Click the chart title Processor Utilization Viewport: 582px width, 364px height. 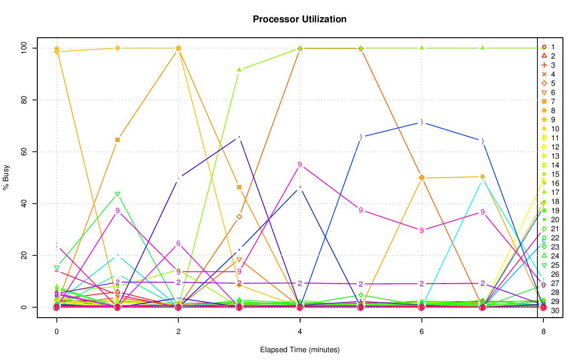click(300, 19)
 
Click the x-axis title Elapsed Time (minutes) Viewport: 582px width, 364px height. click(300, 350)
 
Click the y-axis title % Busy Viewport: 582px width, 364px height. click(7, 177)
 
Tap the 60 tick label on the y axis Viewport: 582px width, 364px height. click(25, 152)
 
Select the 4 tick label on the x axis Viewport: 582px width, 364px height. click(300, 332)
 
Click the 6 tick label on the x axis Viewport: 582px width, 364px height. click(421, 332)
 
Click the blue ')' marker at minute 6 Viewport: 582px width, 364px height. click(421, 122)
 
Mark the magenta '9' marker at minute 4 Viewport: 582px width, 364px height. click(300, 165)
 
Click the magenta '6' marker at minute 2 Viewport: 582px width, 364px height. click(178, 244)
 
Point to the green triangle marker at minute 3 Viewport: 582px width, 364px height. click(239, 70)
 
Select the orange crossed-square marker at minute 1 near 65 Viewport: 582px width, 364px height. click(117, 140)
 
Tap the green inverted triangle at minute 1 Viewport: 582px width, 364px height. click(117, 194)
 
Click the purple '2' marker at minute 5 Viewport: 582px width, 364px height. click(361, 284)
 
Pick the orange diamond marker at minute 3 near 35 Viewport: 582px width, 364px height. click(239, 216)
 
